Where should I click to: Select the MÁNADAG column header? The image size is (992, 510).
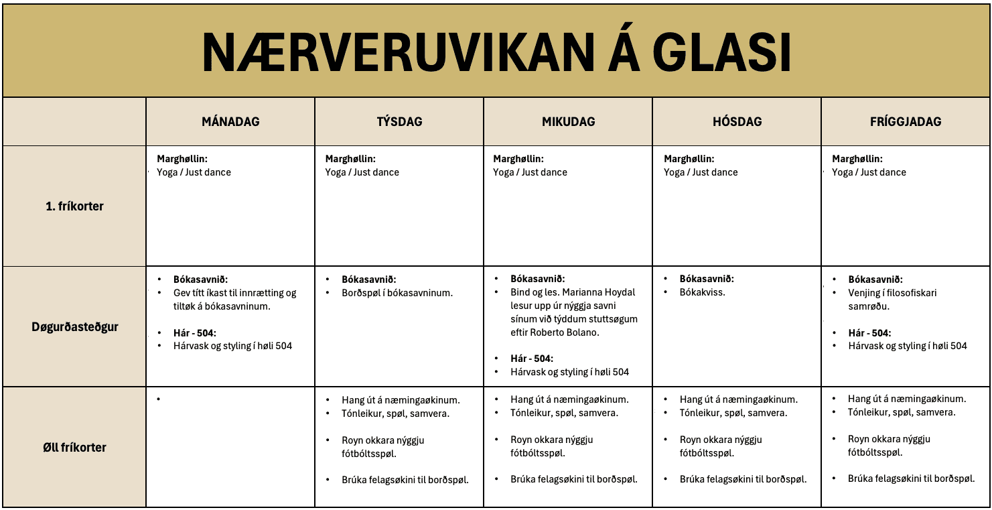pos(230,122)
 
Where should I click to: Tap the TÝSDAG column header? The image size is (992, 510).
pos(399,122)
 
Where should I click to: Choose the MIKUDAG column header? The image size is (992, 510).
pos(568,122)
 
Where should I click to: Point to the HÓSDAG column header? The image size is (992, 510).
pos(737,122)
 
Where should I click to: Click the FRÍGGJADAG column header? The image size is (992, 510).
pos(906,122)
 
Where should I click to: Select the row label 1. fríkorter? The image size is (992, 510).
pos(75,206)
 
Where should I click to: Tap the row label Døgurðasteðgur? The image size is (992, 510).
pos(75,327)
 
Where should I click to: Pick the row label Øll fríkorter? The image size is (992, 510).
pos(75,447)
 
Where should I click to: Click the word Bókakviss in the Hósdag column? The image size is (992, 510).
pos(703,293)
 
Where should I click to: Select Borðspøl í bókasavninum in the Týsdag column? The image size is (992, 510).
pos(397,293)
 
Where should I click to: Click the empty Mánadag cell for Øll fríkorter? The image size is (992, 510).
pos(230,447)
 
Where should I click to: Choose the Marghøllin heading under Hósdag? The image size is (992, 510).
pos(689,159)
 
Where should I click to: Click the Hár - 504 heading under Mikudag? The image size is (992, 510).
pos(532,359)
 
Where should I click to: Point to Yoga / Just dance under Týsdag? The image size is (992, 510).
pos(362,172)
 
